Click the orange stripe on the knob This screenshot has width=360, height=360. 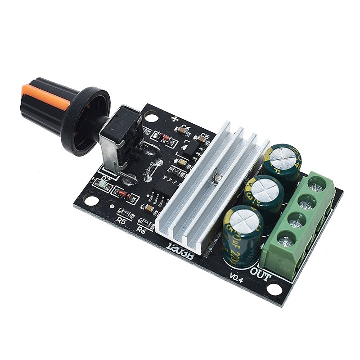45,96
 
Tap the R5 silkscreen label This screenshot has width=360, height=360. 121,220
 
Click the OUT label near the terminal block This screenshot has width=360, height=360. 261,274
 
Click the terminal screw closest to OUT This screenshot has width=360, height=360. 284,239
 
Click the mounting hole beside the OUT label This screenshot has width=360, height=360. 274,288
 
